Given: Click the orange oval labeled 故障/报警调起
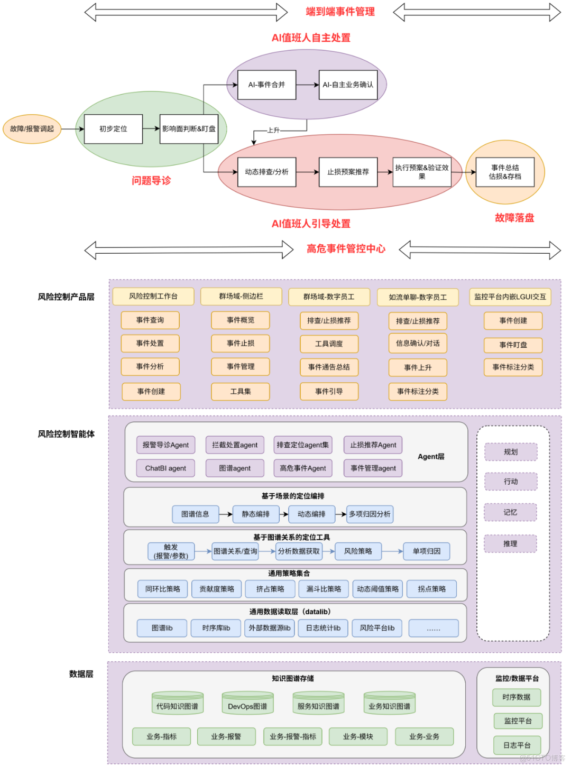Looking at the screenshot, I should pyautogui.click(x=32, y=129).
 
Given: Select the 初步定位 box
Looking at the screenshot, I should pyautogui.click(x=113, y=129).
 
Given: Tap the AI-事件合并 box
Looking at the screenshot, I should pyautogui.click(x=266, y=85).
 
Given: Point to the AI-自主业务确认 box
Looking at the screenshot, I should pyautogui.click(x=348, y=85).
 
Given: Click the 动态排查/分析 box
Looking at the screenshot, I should pyautogui.click(x=266, y=172).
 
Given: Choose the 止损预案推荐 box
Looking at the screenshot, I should pyautogui.click(x=348, y=172).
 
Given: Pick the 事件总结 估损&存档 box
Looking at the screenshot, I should pyautogui.click(x=505, y=172).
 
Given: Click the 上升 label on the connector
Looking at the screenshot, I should pyautogui.click(x=273, y=130).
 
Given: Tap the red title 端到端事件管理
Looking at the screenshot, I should pyautogui.click(x=340, y=12).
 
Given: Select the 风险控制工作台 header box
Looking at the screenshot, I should pyautogui.click(x=153, y=296).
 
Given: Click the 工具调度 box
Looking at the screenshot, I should pyautogui.click(x=329, y=344).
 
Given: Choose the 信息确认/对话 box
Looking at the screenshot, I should pyautogui.click(x=418, y=343).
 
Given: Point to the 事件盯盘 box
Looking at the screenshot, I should pyautogui.click(x=513, y=345).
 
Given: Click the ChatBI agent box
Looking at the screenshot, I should pyautogui.click(x=165, y=468).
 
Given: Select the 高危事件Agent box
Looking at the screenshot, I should pyautogui.click(x=302, y=468).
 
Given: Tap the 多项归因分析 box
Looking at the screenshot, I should pyautogui.click(x=370, y=514).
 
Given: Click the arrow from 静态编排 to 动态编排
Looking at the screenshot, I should pyautogui.click(x=284, y=514).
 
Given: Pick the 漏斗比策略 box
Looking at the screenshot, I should pyautogui.click(x=324, y=589).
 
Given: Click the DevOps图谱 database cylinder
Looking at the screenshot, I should pyautogui.click(x=247, y=703).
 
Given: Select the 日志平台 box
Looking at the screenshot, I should pyautogui.click(x=517, y=745).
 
